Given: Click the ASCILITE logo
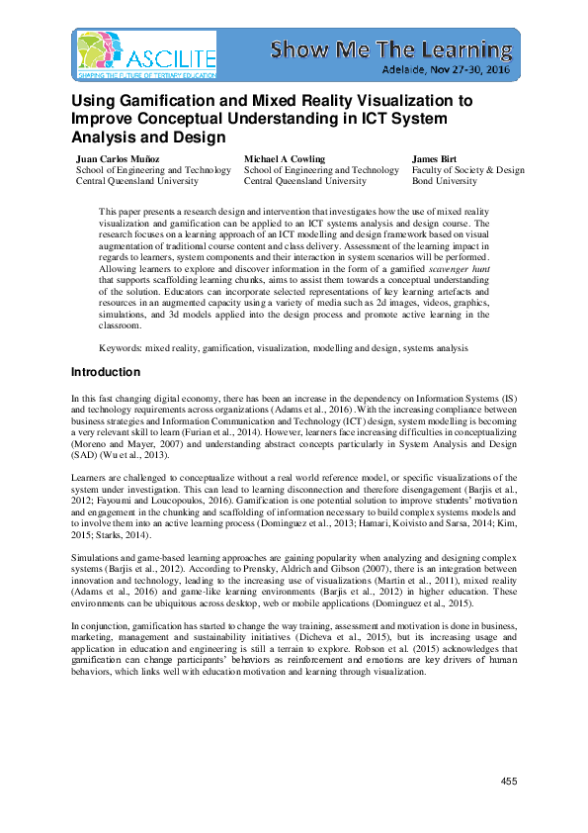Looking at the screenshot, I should (x=145, y=54).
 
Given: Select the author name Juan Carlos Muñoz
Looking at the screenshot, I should (x=122, y=158).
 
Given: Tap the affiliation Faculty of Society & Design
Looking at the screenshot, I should (x=467, y=170).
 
